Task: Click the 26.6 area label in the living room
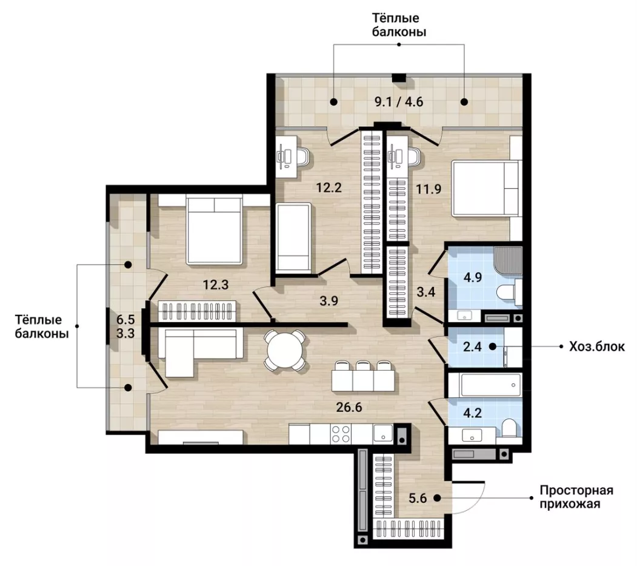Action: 349,406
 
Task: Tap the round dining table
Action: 284,350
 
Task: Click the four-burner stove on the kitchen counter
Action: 341,434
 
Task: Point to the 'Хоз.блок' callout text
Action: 597,347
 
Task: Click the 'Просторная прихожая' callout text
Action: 576,497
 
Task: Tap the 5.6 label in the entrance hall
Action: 418,497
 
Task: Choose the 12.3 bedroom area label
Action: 216,285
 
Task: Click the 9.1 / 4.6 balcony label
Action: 399,101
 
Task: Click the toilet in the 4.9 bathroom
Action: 510,292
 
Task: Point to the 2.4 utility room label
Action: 473,347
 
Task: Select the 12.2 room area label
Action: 329,187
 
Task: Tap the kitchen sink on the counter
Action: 382,434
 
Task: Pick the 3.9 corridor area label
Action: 329,301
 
